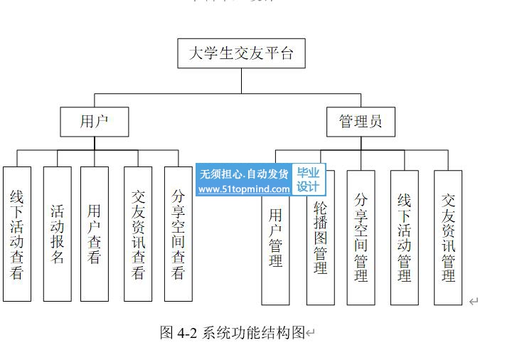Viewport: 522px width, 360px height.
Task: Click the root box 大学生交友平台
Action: pos(241,53)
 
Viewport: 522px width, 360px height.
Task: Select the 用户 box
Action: pos(94,122)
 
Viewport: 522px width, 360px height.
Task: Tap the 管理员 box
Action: pos(361,122)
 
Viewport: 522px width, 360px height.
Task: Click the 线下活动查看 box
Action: pos(17,233)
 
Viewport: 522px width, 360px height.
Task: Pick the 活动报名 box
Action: pos(57,233)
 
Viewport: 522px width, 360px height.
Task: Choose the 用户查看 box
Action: pos(95,233)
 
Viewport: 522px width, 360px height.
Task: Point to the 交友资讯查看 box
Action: pos(138,233)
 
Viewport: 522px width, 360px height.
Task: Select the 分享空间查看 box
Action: pos(179,233)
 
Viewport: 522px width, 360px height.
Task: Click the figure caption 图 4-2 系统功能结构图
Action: pos(232,332)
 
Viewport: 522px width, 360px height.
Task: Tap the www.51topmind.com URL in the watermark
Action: pos(244,189)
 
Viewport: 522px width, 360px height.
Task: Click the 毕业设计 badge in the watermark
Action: pos(308,179)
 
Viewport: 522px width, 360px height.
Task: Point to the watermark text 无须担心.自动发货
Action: pos(244,174)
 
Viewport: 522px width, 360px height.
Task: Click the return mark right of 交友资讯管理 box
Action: pos(474,301)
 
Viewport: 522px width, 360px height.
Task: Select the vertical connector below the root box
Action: pos(241,80)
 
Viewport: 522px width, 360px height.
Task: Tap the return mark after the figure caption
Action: pos(310,333)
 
